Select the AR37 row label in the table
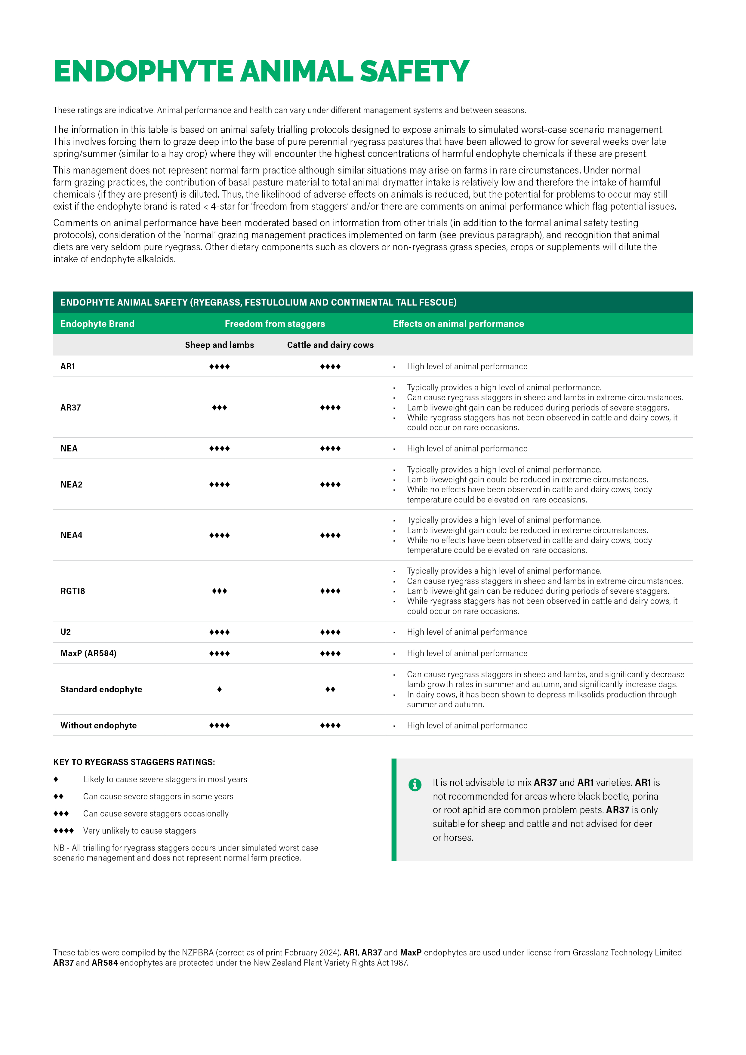(x=70, y=408)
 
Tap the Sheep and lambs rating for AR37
(x=219, y=408)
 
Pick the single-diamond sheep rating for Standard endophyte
(x=219, y=689)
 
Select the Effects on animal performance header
(x=458, y=324)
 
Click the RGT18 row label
(x=72, y=591)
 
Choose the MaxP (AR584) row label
(x=88, y=654)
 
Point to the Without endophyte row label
(x=98, y=726)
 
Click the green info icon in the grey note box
(x=415, y=785)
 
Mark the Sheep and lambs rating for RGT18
(x=219, y=591)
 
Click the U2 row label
(x=66, y=632)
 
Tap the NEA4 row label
(x=71, y=535)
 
